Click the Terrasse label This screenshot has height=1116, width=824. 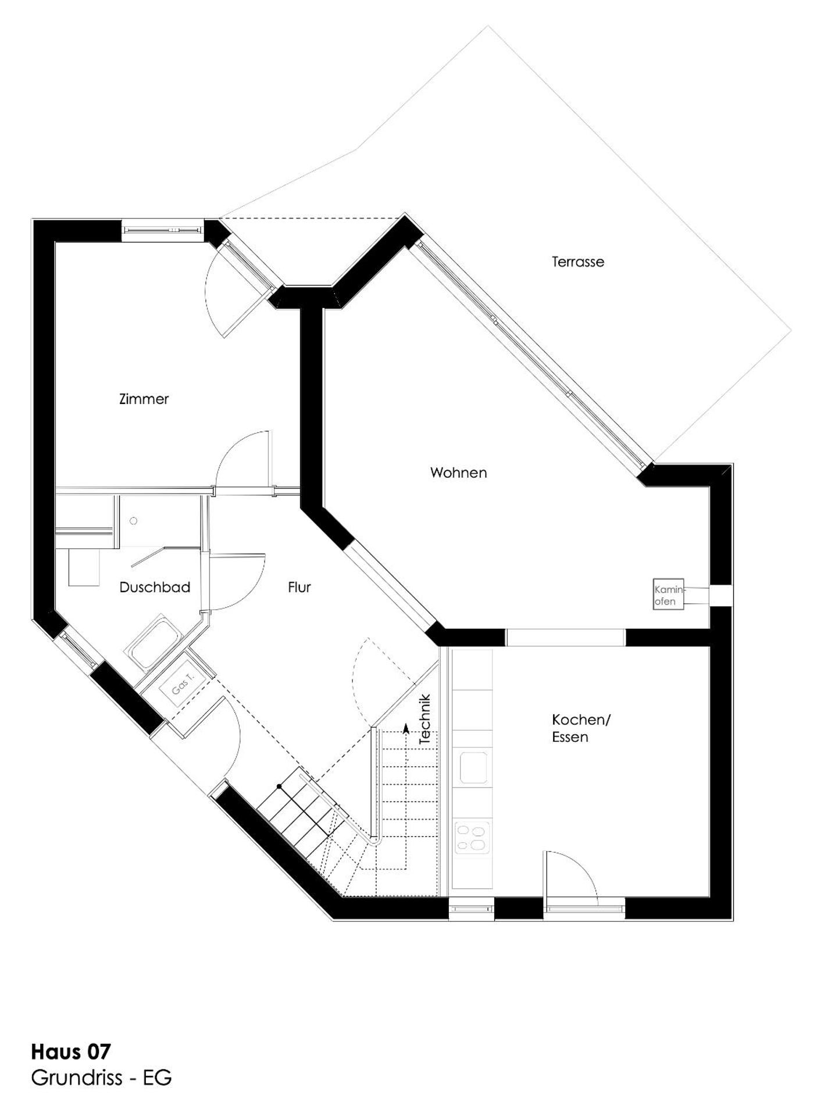[x=577, y=262]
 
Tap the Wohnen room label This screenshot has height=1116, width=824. [x=458, y=473]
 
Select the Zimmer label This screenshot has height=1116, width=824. [x=144, y=399]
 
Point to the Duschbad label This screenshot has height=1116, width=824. [x=155, y=587]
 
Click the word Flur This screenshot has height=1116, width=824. [x=299, y=587]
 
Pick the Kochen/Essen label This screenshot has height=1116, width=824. [x=580, y=728]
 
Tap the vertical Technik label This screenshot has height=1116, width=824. [x=425, y=719]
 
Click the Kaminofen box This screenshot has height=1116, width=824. [x=668, y=594]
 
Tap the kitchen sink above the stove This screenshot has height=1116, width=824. [x=473, y=767]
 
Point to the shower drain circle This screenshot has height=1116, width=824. [x=134, y=521]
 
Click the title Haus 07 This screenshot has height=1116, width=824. [x=70, y=1051]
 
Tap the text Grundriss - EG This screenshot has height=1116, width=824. [x=101, y=1078]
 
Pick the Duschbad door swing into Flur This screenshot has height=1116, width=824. [x=236, y=581]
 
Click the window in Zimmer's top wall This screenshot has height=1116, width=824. [x=162, y=230]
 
